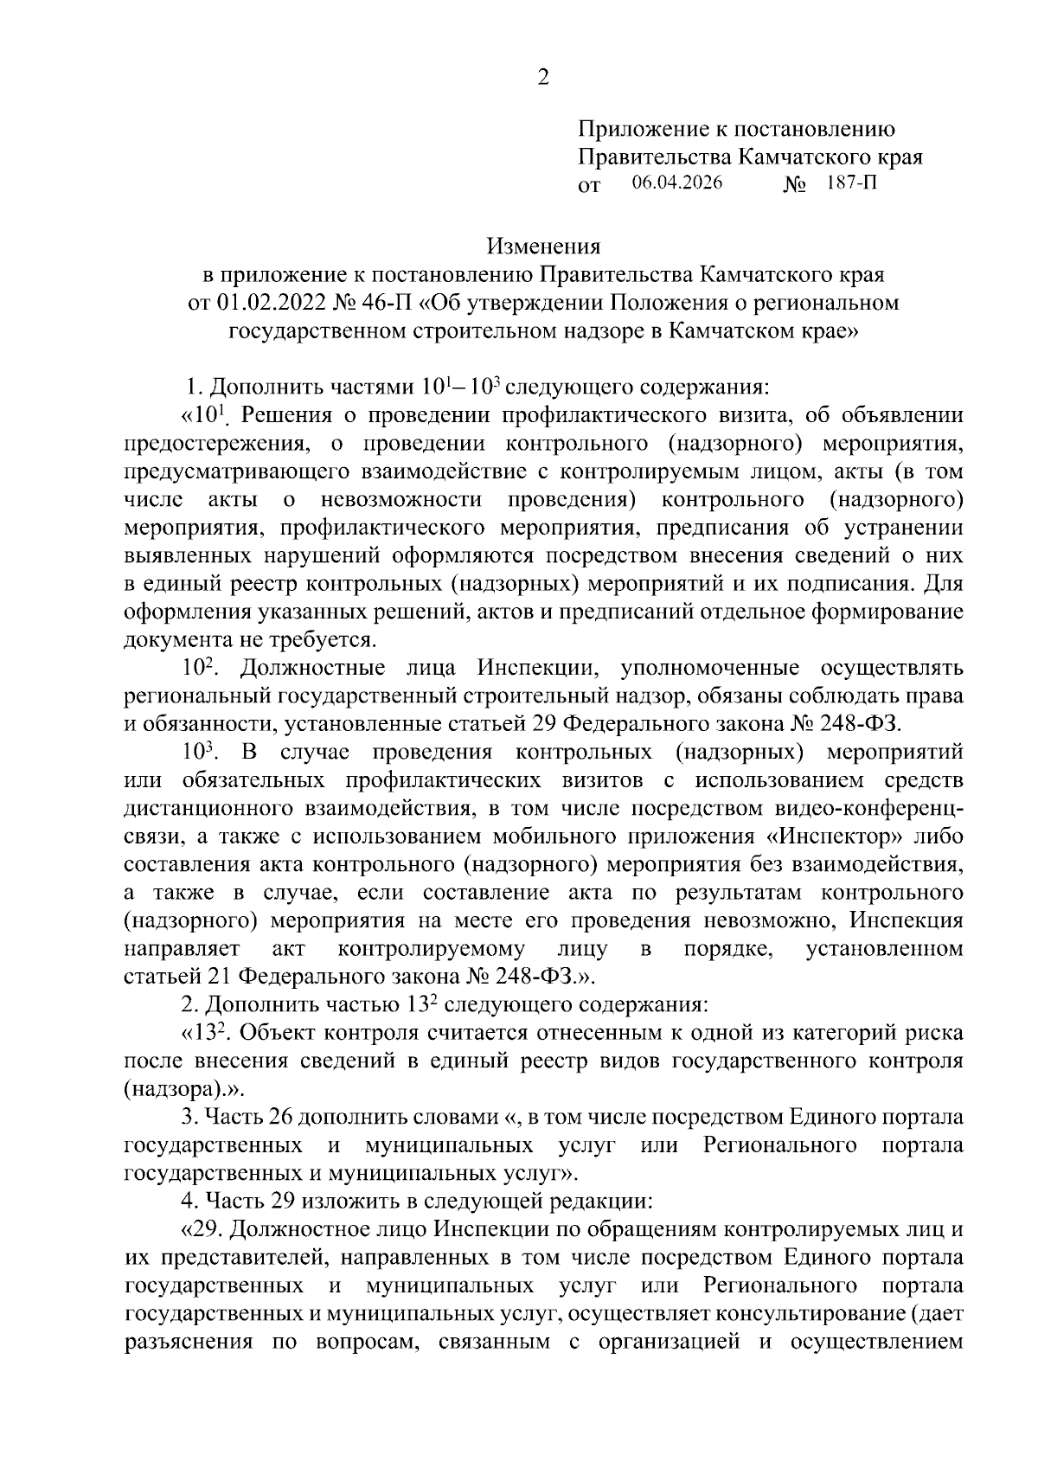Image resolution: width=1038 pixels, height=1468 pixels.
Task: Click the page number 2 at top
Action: coord(543,78)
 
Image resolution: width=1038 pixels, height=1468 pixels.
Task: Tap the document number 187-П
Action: coord(851,183)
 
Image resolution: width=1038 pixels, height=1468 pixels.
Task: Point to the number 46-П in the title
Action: coord(382,303)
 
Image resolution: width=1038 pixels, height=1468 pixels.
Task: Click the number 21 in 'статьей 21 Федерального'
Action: coord(216,976)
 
